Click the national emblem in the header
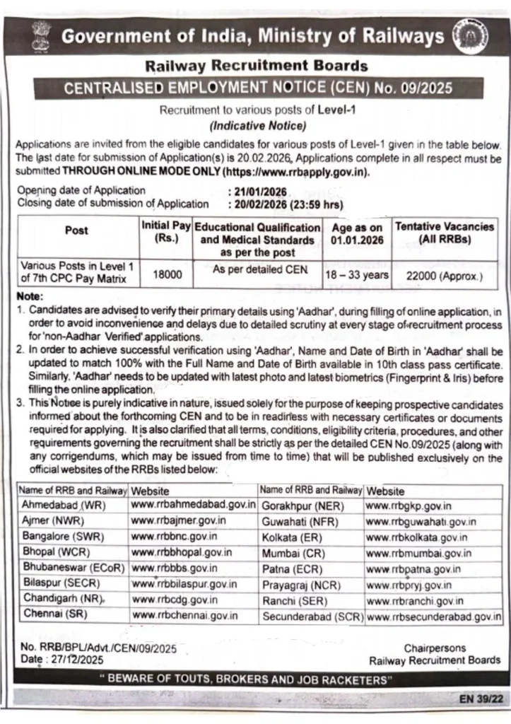coord(39,35)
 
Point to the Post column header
coord(76,230)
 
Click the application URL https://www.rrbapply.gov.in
coord(296,172)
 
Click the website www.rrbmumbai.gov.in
coord(420,553)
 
